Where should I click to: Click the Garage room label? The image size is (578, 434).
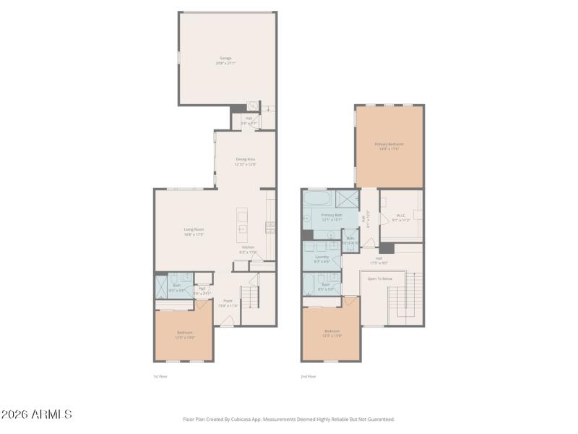point(226,60)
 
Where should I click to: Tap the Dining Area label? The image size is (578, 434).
point(246,161)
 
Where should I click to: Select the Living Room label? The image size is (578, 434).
point(194,231)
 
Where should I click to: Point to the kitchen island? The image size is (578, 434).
point(243,225)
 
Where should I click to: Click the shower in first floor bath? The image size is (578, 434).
point(162,286)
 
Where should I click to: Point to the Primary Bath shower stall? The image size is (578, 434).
point(348,198)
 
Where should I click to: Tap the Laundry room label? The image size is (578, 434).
point(322,258)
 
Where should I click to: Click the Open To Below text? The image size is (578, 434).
point(379,278)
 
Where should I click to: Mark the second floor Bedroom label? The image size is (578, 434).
point(332,333)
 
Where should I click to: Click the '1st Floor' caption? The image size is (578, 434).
point(160,377)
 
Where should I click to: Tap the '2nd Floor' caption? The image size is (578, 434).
point(309,377)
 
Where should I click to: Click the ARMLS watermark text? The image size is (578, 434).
point(37,414)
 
